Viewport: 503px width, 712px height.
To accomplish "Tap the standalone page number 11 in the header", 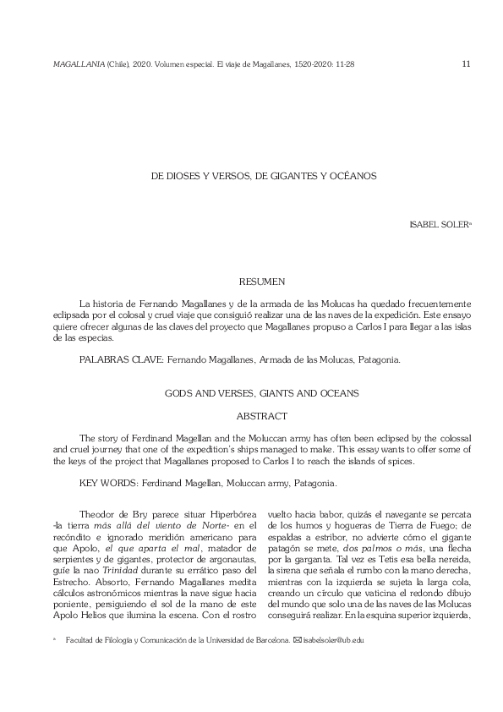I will [467, 63].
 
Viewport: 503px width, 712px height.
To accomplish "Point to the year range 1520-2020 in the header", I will [309, 63].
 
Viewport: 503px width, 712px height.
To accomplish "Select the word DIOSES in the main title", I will [184, 177].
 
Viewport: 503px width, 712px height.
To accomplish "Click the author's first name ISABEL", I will [424, 226].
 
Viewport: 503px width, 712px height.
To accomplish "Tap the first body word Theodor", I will [96, 512].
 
